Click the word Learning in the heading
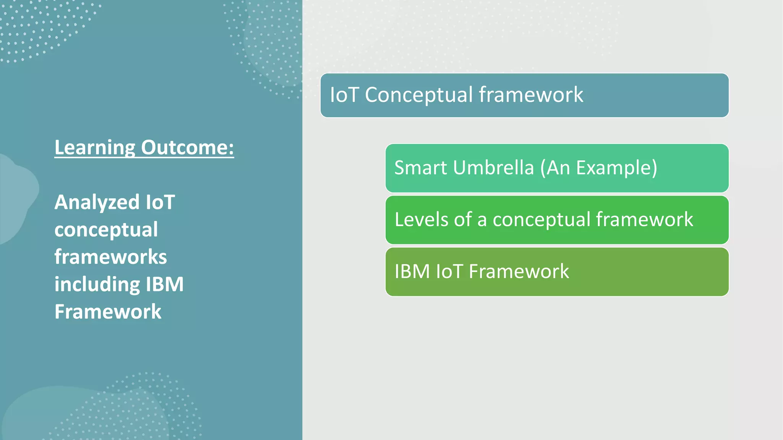coord(95,148)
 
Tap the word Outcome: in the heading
coord(187,148)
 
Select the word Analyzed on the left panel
coord(97,202)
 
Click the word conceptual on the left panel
coord(106,230)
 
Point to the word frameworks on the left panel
coord(110,257)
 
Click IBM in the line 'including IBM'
coord(165,284)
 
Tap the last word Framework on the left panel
coord(108,312)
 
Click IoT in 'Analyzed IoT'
coord(160,202)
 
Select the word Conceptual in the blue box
coord(419,95)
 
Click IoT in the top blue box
coord(344,95)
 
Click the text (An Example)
coord(599,168)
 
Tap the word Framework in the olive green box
coord(519,272)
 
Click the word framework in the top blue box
coord(531,95)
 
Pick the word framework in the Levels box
coord(644,220)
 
